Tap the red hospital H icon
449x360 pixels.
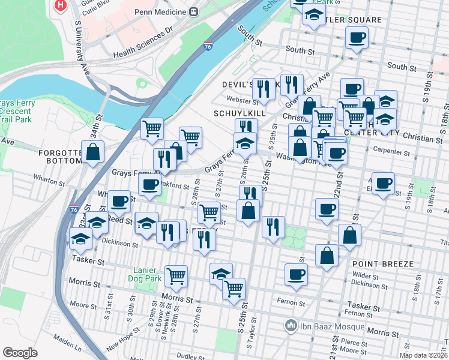coord(61,5)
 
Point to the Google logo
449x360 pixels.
coord(20,353)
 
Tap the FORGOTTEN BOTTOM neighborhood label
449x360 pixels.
coord(60,157)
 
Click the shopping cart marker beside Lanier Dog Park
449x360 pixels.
coord(176,275)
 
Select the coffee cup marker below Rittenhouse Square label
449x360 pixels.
coord(357,38)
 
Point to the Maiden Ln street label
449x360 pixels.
coord(70,346)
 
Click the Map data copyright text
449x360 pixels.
coord(423,355)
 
